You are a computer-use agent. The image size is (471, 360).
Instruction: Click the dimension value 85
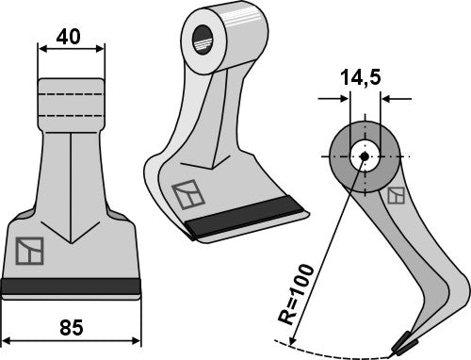[x=71, y=330]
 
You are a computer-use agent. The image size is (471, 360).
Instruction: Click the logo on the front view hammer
[x=29, y=252]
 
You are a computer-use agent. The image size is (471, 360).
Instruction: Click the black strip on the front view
[x=71, y=286]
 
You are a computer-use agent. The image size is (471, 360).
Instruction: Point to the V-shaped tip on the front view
[x=72, y=236]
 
